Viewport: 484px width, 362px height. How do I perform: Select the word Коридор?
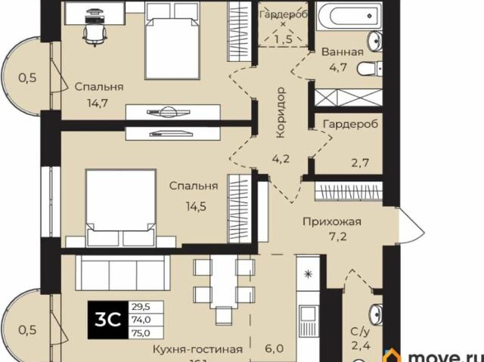[x=280, y=112]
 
